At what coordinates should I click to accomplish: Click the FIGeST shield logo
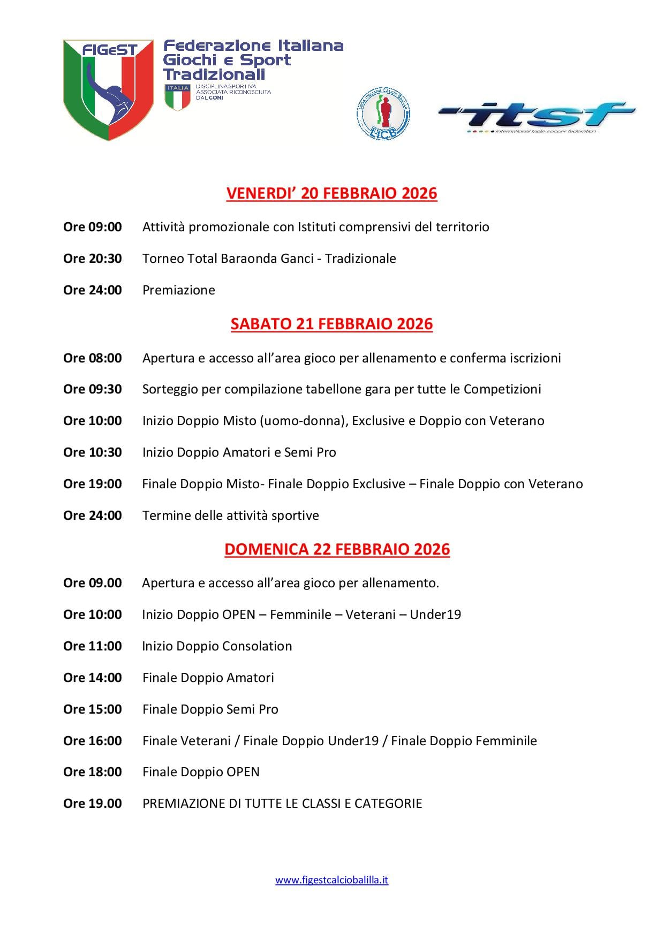(109, 89)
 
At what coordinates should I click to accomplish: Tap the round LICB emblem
(383, 114)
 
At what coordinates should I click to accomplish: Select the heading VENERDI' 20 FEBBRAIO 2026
(331, 193)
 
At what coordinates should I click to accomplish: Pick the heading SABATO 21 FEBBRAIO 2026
(331, 324)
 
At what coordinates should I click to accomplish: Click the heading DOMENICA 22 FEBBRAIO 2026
(337, 549)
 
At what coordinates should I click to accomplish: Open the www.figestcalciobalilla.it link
(331, 880)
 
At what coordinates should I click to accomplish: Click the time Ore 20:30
(93, 259)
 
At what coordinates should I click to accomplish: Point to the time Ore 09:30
(93, 389)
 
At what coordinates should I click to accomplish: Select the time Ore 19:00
(93, 484)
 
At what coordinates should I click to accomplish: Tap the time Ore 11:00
(93, 646)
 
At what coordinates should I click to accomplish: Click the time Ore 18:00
(93, 772)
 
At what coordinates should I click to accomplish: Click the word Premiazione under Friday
(179, 290)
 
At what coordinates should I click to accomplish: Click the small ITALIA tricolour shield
(178, 97)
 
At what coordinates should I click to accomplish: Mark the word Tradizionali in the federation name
(214, 74)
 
